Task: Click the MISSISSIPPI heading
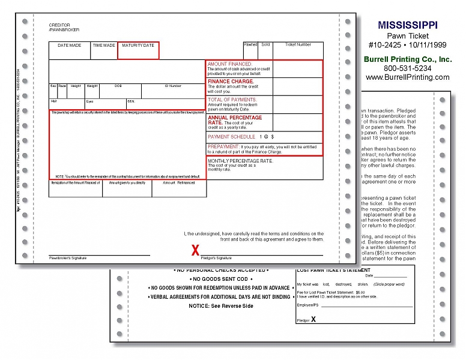(x=408, y=25)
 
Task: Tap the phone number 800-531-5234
(x=408, y=68)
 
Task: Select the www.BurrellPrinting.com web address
(x=408, y=77)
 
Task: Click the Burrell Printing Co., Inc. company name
(x=408, y=59)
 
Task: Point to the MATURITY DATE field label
(x=138, y=46)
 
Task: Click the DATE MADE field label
(x=69, y=46)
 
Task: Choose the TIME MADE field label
(x=104, y=46)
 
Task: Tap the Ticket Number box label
(x=298, y=45)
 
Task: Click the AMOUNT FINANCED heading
(x=230, y=64)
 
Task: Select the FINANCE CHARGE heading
(x=231, y=81)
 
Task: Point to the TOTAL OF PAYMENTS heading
(x=232, y=100)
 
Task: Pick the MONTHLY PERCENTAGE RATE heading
(x=240, y=161)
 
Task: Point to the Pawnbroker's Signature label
(x=68, y=258)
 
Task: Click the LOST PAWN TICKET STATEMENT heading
(x=332, y=270)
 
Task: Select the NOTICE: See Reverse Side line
(x=221, y=306)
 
